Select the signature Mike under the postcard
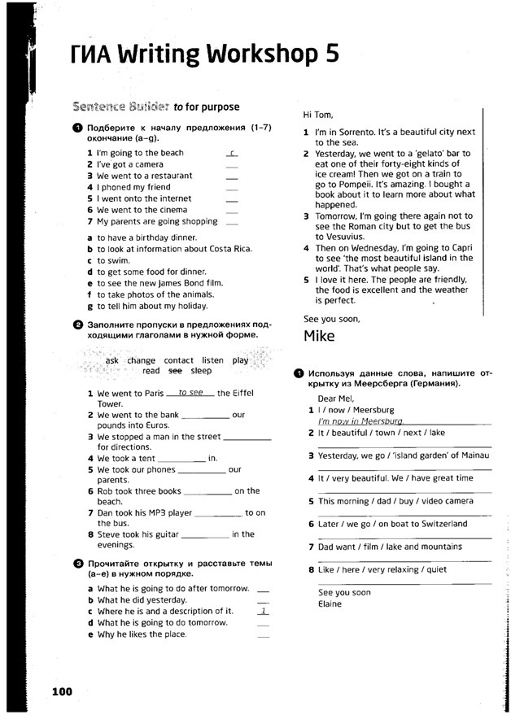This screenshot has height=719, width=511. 319,335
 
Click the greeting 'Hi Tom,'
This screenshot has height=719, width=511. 318,115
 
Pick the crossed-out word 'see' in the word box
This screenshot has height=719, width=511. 175,371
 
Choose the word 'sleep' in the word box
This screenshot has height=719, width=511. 201,371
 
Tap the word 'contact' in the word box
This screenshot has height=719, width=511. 178,360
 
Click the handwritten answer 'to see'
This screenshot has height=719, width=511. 190,392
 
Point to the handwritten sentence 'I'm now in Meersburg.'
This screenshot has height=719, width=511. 360,421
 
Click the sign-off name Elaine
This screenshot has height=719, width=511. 330,604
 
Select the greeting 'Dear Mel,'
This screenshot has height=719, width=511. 336,399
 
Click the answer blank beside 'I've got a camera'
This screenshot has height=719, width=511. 232,164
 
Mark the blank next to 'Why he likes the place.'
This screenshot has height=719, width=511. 262,634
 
